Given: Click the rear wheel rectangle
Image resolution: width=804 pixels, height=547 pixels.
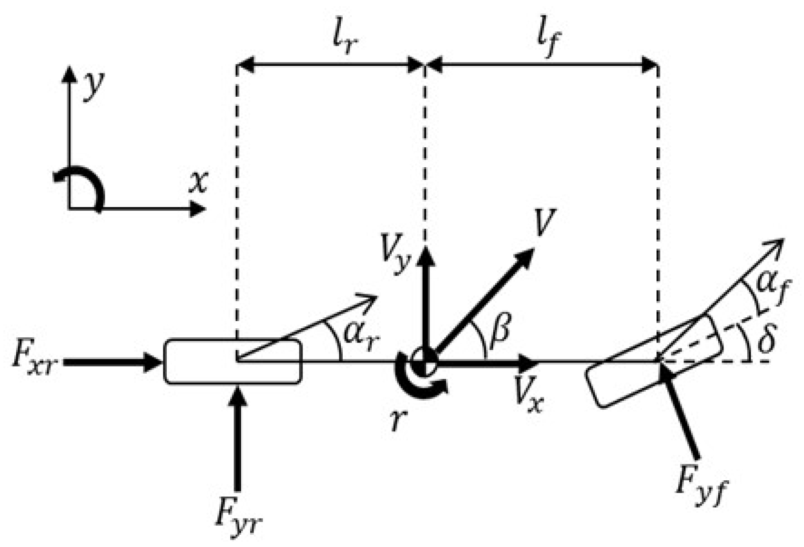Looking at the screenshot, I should (x=232, y=361).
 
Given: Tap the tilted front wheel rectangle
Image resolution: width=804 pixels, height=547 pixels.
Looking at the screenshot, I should (x=653, y=361).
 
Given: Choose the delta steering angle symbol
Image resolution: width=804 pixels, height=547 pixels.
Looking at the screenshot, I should (x=765, y=340).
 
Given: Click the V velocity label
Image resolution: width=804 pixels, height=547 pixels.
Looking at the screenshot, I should (x=543, y=223).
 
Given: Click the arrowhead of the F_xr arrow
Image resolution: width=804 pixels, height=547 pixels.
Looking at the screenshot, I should (x=154, y=362).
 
